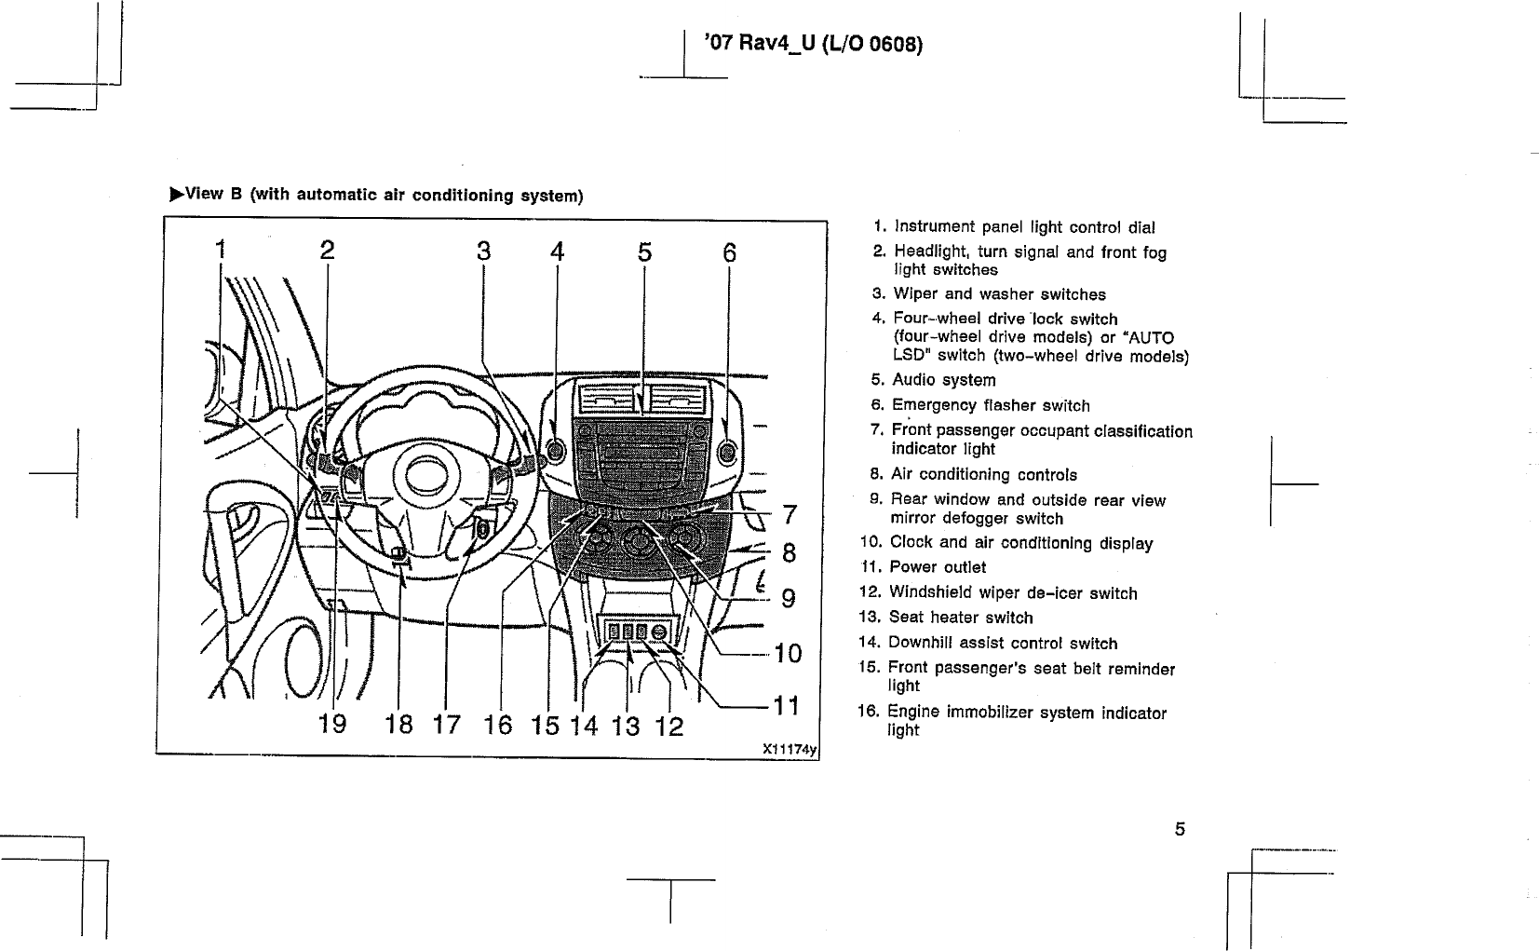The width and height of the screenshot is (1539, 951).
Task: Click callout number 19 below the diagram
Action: pos(332,724)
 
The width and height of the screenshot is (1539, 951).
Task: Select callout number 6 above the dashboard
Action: pos(729,252)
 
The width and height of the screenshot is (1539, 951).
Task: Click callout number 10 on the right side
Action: pos(788,653)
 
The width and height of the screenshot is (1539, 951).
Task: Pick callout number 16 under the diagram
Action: pos(498,725)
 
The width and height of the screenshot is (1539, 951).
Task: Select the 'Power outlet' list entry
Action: pos(938,567)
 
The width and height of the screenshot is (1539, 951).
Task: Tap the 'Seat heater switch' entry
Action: pos(961,618)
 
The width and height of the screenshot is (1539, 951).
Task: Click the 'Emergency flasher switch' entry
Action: pos(991,405)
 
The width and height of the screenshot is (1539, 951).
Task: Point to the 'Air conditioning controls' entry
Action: pos(984,474)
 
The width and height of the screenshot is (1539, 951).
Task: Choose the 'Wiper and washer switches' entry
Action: pos(999,294)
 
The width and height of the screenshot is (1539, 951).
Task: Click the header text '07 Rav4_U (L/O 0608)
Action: pos(814,44)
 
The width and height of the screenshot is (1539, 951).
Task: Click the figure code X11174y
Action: pos(790,747)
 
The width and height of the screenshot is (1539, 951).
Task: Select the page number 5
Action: pos(1180,829)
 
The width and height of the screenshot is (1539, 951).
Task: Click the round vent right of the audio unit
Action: pos(727,453)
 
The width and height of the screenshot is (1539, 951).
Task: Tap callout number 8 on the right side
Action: pos(789,552)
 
